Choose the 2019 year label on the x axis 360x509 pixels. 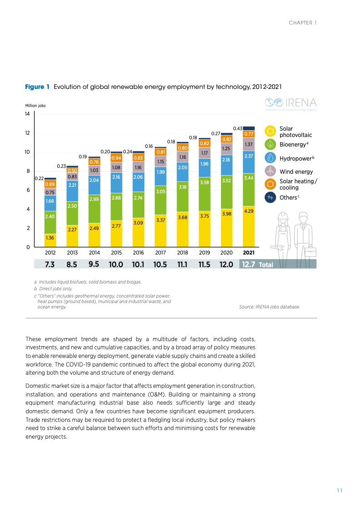point(204,252)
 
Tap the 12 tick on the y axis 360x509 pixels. point(28,133)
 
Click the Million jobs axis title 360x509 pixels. point(35,106)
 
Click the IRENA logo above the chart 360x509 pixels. point(291,103)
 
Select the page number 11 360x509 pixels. point(339,490)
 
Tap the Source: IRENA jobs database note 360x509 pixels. point(269,307)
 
